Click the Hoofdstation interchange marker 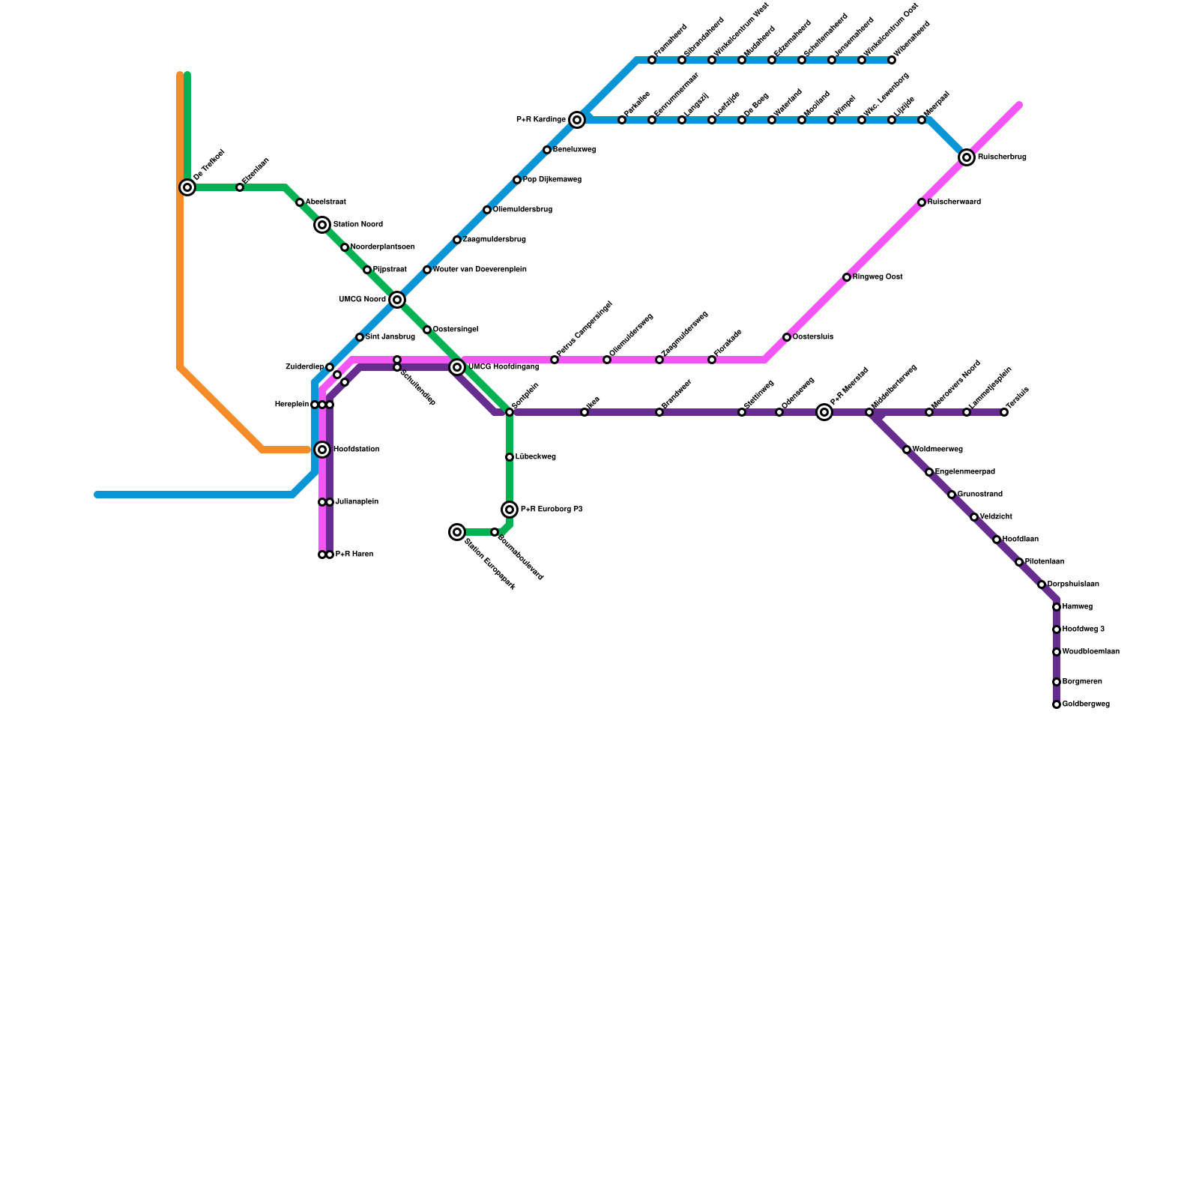pos(322,450)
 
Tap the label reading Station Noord pos(357,225)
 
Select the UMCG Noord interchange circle pos(397,300)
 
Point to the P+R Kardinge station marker pos(577,120)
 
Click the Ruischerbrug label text pos(1002,157)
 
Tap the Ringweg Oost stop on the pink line pos(847,277)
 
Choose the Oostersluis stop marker pos(787,337)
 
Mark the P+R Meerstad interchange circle pos(824,412)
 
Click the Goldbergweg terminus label pos(1086,704)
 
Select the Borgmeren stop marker pos(1057,682)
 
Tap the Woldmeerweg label pos(937,450)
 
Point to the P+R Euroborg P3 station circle pos(510,510)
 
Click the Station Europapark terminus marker pos(457,532)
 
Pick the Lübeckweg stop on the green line pos(510,457)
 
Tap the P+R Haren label pos(354,555)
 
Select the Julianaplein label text pos(357,502)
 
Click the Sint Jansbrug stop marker pos(360,337)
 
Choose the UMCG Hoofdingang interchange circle pos(457,367)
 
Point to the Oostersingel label pos(456,330)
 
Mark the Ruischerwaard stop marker pos(922,202)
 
